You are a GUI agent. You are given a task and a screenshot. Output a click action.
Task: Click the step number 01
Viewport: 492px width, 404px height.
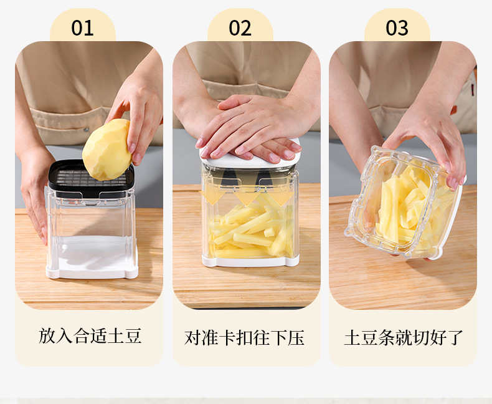pyautogui.click(x=83, y=28)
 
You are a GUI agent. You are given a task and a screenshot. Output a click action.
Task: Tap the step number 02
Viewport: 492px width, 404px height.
pyautogui.click(x=240, y=28)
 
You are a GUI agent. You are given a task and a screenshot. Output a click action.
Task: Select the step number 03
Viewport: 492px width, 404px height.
pyautogui.click(x=397, y=28)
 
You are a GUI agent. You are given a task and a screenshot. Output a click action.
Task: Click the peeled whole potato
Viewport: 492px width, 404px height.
pyautogui.click(x=106, y=150)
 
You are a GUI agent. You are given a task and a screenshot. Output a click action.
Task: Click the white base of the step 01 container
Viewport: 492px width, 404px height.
pyautogui.click(x=92, y=257)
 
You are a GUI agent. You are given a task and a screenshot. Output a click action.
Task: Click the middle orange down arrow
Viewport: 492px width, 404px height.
pyautogui.click(x=248, y=197)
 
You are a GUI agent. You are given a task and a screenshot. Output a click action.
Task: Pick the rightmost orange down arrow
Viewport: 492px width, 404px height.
pyautogui.click(x=281, y=197)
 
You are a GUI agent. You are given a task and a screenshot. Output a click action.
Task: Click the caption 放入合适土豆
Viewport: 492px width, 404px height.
pyautogui.click(x=90, y=336)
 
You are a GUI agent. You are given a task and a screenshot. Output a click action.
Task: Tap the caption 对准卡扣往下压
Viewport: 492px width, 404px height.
pyautogui.click(x=244, y=338)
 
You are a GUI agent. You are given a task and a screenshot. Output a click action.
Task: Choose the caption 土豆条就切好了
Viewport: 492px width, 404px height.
pyautogui.click(x=404, y=338)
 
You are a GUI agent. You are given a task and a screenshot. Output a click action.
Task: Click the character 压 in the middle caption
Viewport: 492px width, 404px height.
pyautogui.click(x=296, y=338)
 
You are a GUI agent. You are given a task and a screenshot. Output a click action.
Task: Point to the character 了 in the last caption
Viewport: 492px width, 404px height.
pyautogui.click(x=455, y=338)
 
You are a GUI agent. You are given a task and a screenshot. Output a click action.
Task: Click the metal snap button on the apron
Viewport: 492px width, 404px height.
pyautogui.click(x=87, y=129)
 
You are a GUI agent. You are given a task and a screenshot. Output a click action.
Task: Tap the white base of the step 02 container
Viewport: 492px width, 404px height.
pyautogui.click(x=250, y=261)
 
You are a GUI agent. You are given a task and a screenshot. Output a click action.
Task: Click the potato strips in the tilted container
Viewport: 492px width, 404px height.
pyautogui.click(x=408, y=208)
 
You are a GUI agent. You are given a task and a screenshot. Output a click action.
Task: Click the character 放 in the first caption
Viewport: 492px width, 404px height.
pyautogui.click(x=47, y=336)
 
